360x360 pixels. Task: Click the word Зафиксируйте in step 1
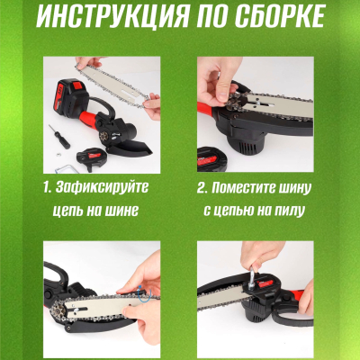coord(107,189)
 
